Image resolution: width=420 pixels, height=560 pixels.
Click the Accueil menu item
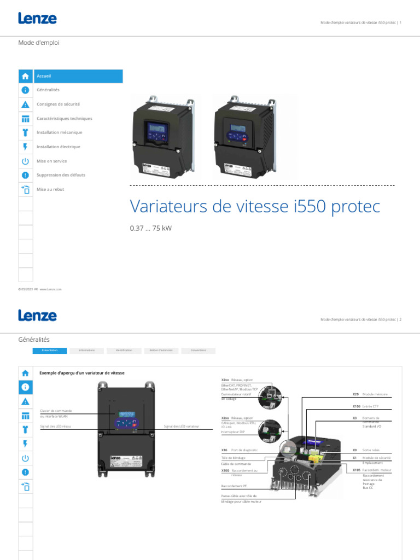tap(44, 76)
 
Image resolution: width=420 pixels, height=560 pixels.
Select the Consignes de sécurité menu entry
tap(58, 104)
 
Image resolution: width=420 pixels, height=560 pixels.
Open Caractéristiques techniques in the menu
tap(64, 119)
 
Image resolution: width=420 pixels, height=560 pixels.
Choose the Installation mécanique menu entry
tap(59, 133)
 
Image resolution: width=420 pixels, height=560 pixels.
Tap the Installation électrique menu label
tap(58, 147)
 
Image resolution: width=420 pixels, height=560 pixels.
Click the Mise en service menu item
tap(51, 161)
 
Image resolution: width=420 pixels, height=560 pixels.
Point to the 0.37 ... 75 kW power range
tap(150, 228)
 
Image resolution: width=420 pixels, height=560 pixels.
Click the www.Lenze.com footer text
tap(50, 289)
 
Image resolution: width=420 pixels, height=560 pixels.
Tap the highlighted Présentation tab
tap(50, 351)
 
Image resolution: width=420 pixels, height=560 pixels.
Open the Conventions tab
tap(198, 351)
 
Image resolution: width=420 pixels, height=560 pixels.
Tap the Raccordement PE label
tap(234, 486)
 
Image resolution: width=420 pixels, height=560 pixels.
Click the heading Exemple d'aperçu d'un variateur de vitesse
tap(82, 373)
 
